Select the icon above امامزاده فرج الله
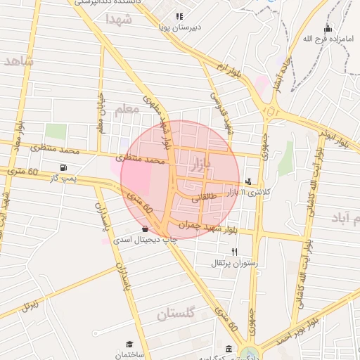(327, 29)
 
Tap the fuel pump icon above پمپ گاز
(64, 168)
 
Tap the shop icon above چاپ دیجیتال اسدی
(145, 229)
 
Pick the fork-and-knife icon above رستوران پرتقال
(235, 252)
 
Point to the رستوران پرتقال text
(235, 263)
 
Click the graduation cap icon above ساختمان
(129, 344)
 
